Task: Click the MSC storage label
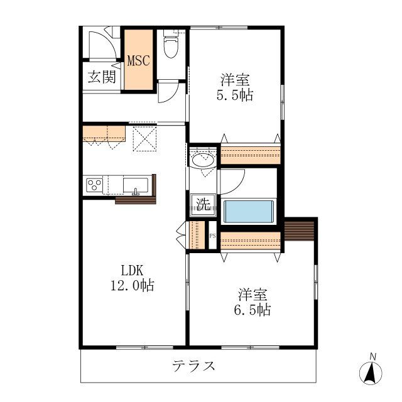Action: [138, 61]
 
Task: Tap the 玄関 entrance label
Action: [100, 77]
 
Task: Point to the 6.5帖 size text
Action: [254, 310]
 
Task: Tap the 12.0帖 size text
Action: [133, 286]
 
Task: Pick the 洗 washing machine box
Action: [203, 204]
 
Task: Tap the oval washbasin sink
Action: [203, 161]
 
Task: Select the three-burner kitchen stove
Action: [95, 185]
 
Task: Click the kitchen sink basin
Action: [135, 186]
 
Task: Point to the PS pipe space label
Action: [212, 236]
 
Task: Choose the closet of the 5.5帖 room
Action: [251, 155]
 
